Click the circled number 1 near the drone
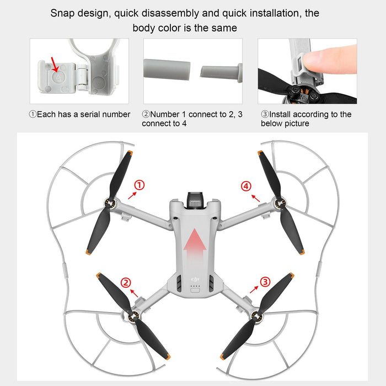tap(140, 185)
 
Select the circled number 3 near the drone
tap(266, 282)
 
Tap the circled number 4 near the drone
tap(246, 186)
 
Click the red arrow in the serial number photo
tap(54, 65)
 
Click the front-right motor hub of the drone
tap(280, 208)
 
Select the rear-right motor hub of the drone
tap(254, 316)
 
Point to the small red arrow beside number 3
tap(254, 288)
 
